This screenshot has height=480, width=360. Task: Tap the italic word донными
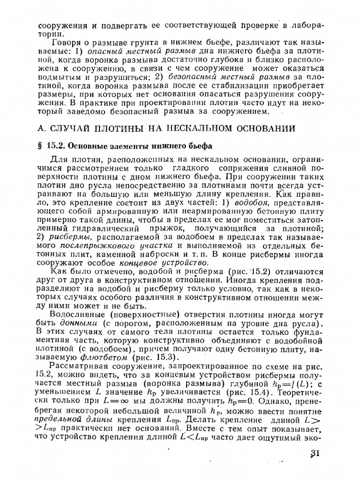[78, 323]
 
